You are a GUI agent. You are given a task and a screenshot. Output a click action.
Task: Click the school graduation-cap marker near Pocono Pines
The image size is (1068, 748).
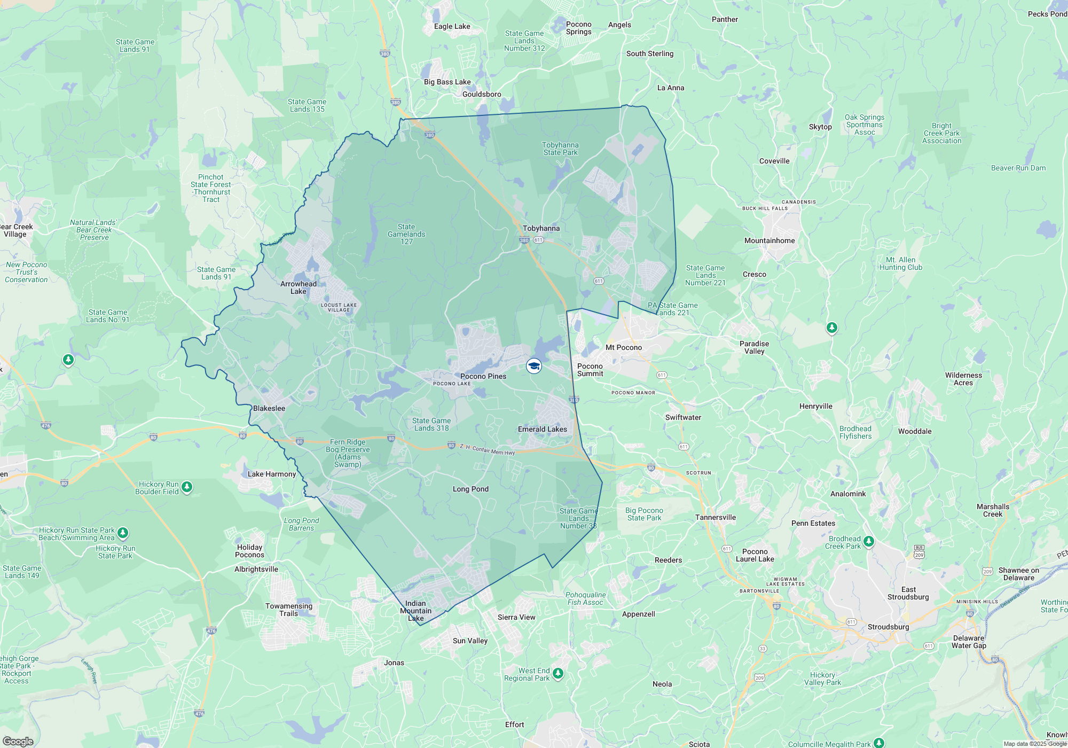(x=534, y=366)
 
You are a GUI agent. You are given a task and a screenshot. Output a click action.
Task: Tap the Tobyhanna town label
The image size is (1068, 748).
(x=541, y=229)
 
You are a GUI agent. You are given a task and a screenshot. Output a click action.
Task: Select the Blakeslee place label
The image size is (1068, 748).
(x=269, y=409)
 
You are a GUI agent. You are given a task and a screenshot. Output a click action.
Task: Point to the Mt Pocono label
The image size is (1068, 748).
(x=624, y=348)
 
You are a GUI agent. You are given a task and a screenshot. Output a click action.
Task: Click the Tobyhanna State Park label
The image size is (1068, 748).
(x=560, y=149)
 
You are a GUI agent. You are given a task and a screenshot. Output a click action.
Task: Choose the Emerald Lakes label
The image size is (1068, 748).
(x=542, y=430)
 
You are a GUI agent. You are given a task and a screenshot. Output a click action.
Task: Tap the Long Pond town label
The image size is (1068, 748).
(x=470, y=489)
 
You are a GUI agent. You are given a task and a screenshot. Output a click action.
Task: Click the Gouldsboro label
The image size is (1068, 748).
(x=482, y=95)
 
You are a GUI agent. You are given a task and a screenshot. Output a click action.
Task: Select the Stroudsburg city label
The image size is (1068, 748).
(x=888, y=627)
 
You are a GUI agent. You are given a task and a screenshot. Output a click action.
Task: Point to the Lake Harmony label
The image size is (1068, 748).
(x=271, y=474)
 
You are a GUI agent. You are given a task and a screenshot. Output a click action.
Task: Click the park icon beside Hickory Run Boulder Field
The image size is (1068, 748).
(x=187, y=487)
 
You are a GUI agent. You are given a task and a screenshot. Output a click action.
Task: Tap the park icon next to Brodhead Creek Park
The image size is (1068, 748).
(x=869, y=541)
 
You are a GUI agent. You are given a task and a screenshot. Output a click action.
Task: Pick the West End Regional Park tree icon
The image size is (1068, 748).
(x=558, y=673)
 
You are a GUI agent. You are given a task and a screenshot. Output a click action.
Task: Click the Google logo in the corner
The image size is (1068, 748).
(x=18, y=742)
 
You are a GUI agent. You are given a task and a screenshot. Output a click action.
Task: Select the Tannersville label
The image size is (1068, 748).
(x=716, y=518)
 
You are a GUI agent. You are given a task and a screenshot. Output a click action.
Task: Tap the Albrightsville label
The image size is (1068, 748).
(x=256, y=570)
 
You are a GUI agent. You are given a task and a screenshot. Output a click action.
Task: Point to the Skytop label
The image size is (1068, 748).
(x=820, y=127)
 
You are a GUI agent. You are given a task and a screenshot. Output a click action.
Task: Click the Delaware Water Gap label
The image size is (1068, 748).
(x=969, y=642)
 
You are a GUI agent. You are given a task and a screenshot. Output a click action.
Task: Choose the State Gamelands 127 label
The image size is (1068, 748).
(x=406, y=235)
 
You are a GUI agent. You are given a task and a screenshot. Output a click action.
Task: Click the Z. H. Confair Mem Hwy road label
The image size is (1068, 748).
(x=487, y=450)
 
